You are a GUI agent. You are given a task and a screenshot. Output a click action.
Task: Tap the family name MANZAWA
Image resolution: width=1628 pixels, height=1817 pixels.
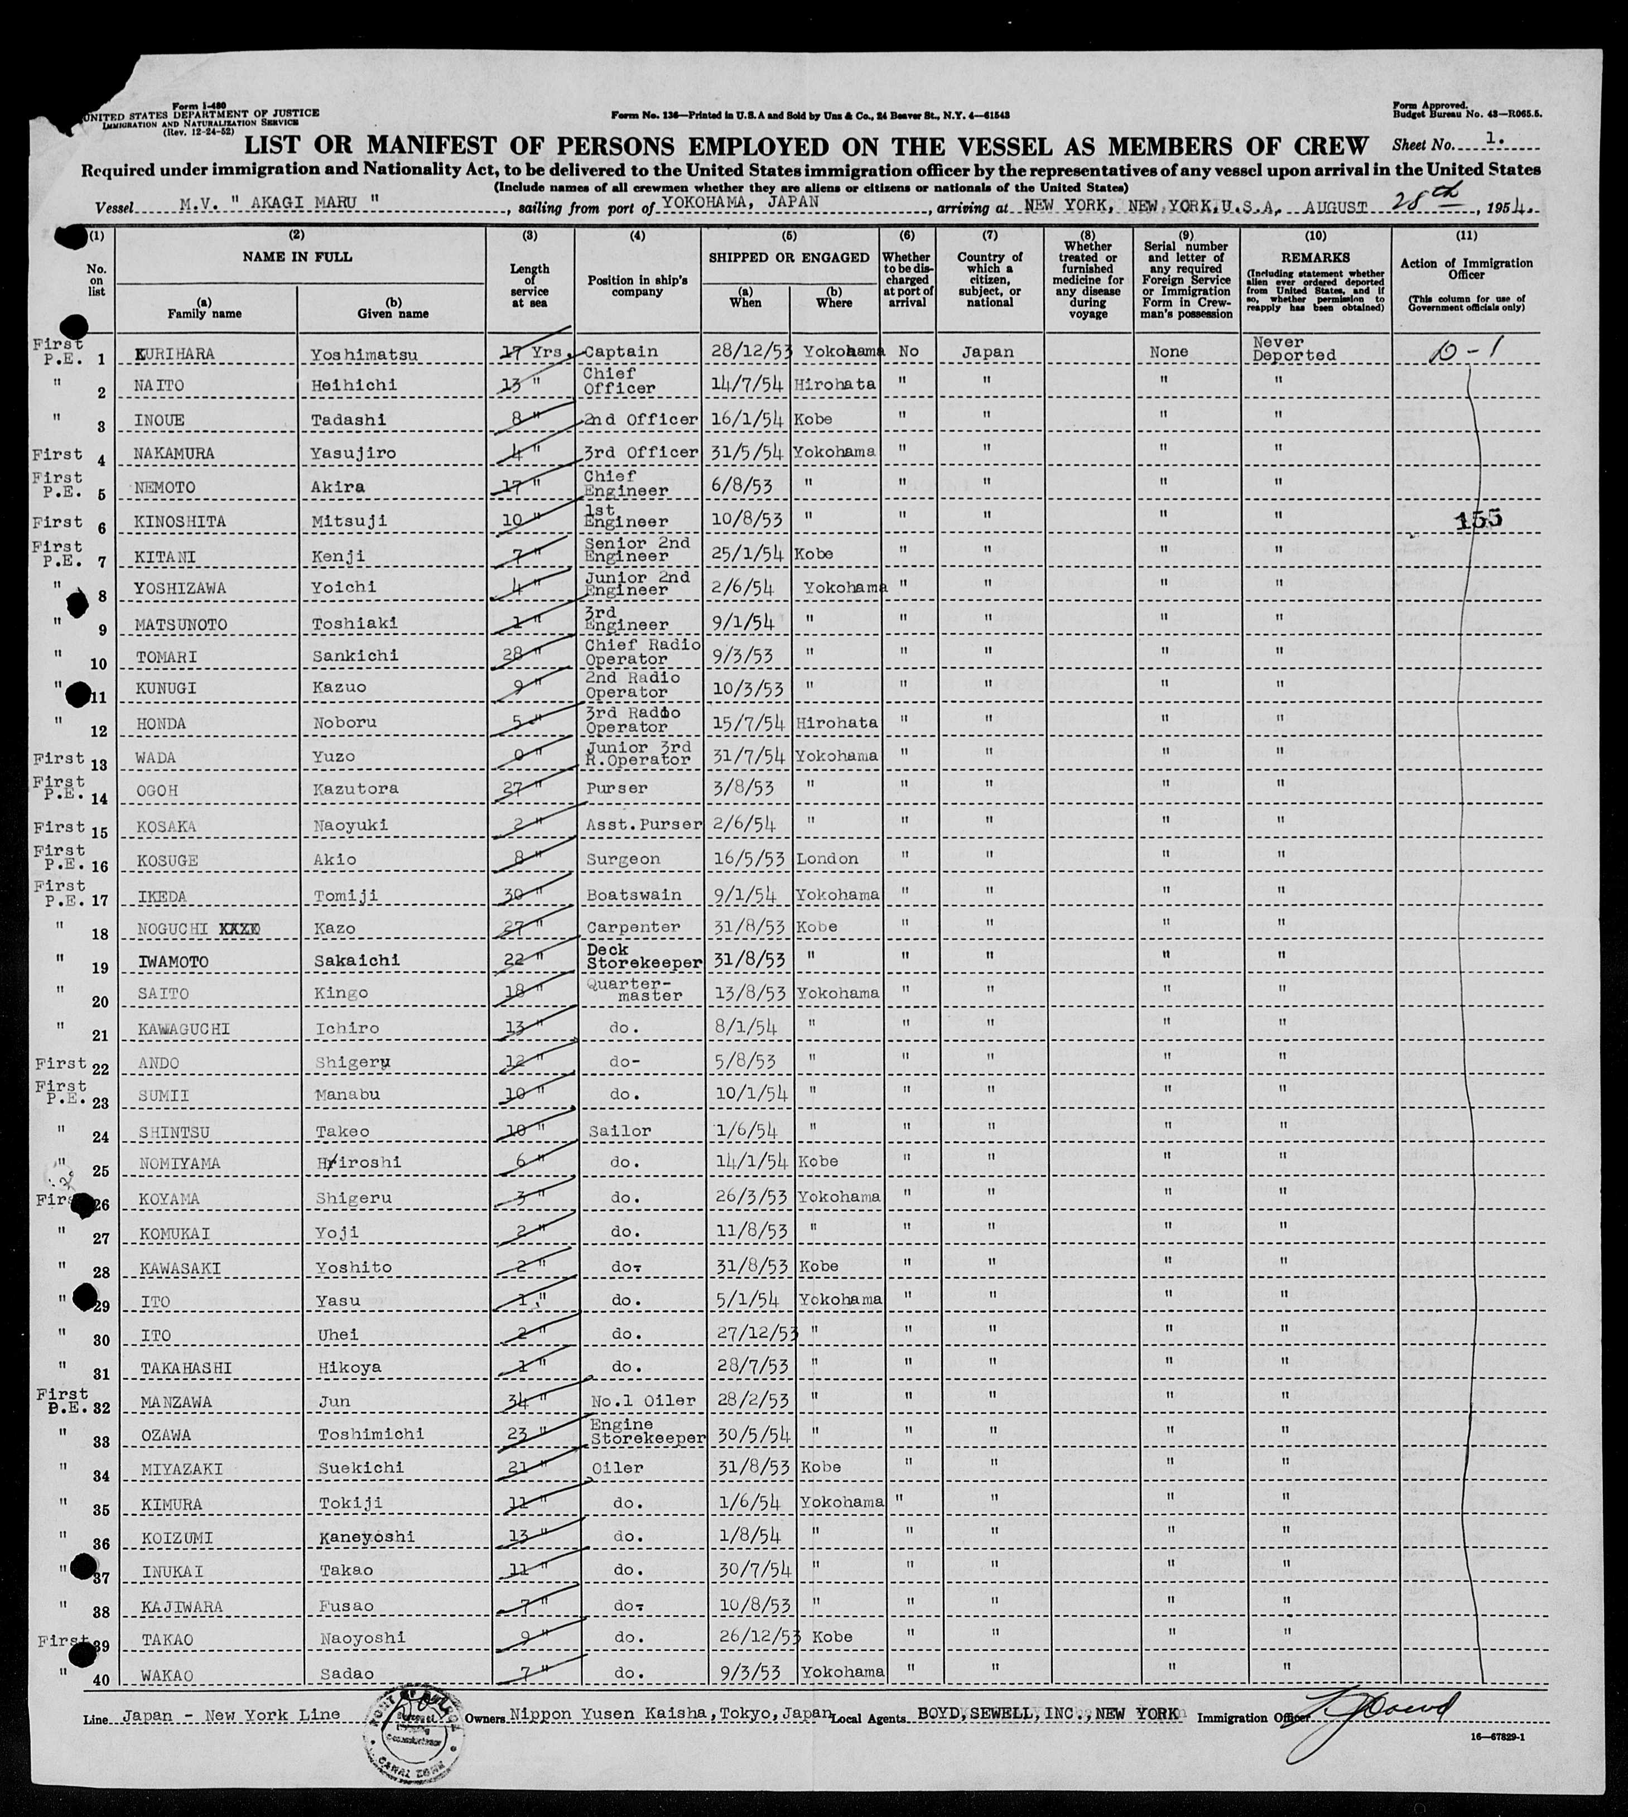(175, 1402)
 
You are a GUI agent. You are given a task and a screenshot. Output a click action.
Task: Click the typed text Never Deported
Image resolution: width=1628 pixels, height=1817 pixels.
(1293, 349)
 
